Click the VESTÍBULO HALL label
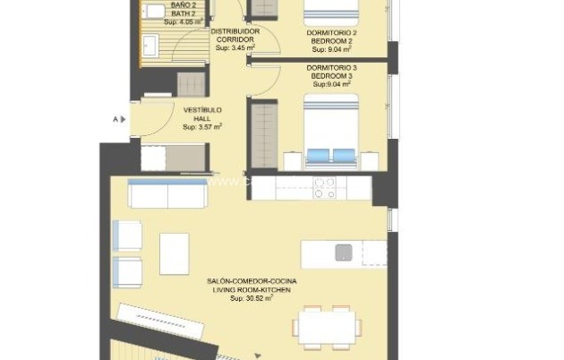coord(201,114)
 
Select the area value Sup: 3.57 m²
coord(201,127)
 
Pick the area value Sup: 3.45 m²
coord(235,48)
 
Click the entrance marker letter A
coord(115,118)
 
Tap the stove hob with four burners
coord(324,187)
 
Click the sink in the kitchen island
coord(344,253)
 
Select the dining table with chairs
coord(326,327)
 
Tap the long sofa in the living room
coord(167,193)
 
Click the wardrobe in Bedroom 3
coord(263,134)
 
